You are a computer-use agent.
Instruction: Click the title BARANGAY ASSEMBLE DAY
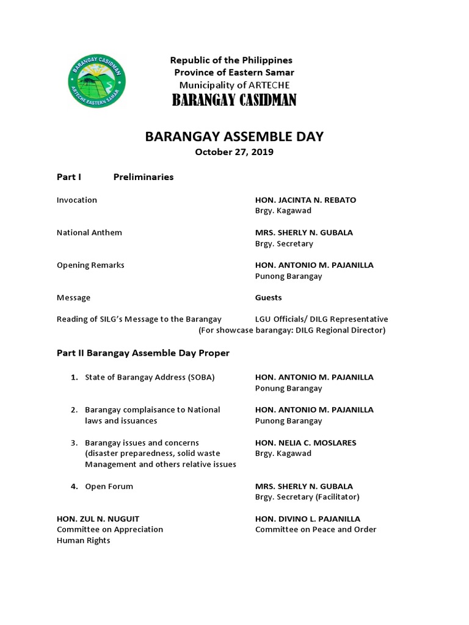click(x=234, y=137)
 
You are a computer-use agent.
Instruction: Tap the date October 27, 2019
click(x=234, y=152)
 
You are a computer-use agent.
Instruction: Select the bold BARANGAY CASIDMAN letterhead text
click(x=234, y=100)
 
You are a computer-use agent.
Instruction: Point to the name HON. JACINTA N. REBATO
click(x=305, y=200)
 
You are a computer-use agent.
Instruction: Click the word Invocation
click(x=77, y=200)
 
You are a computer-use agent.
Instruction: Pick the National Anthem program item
click(x=89, y=233)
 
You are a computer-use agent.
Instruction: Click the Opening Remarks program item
click(x=90, y=266)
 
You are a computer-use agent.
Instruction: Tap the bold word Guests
click(x=268, y=298)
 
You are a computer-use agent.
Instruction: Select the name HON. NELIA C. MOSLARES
click(x=305, y=443)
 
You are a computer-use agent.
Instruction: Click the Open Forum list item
click(x=109, y=486)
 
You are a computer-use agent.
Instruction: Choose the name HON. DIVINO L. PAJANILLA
click(x=308, y=519)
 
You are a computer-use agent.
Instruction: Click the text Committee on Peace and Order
click(x=316, y=529)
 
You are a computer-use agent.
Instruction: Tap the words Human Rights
click(x=84, y=541)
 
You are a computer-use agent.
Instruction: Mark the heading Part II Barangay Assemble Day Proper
click(x=143, y=353)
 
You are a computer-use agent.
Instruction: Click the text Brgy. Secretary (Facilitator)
click(x=307, y=497)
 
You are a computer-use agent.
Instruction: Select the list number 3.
click(x=74, y=443)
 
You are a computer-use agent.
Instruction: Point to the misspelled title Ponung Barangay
click(x=288, y=388)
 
